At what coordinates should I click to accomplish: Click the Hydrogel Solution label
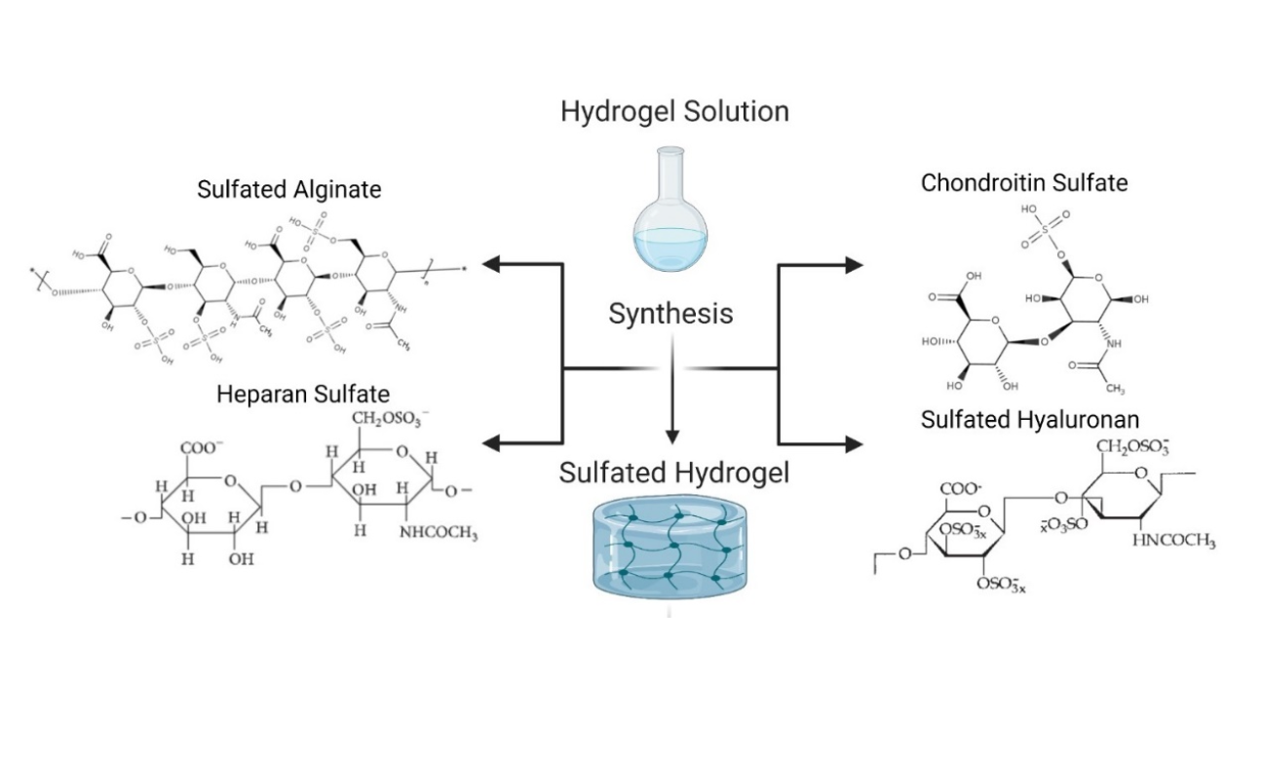674,111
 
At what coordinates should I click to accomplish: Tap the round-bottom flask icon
666,214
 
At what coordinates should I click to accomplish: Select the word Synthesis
670,314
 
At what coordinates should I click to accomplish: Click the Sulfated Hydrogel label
673,474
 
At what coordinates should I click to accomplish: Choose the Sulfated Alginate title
288,189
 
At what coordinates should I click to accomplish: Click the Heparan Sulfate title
303,394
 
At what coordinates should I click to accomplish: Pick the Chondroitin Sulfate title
1024,182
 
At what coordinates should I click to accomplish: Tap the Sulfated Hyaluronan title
1030,419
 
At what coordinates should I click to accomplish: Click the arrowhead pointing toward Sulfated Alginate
494,263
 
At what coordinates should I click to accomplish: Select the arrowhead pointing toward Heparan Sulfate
494,444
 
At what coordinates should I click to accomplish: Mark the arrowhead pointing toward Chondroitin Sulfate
853,263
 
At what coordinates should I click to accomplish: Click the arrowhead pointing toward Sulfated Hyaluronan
853,444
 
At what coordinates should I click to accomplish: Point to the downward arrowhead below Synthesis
670,435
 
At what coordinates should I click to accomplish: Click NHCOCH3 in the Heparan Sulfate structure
438,533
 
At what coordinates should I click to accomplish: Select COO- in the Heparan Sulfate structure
201,448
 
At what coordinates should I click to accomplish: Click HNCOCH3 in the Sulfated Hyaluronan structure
1174,542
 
